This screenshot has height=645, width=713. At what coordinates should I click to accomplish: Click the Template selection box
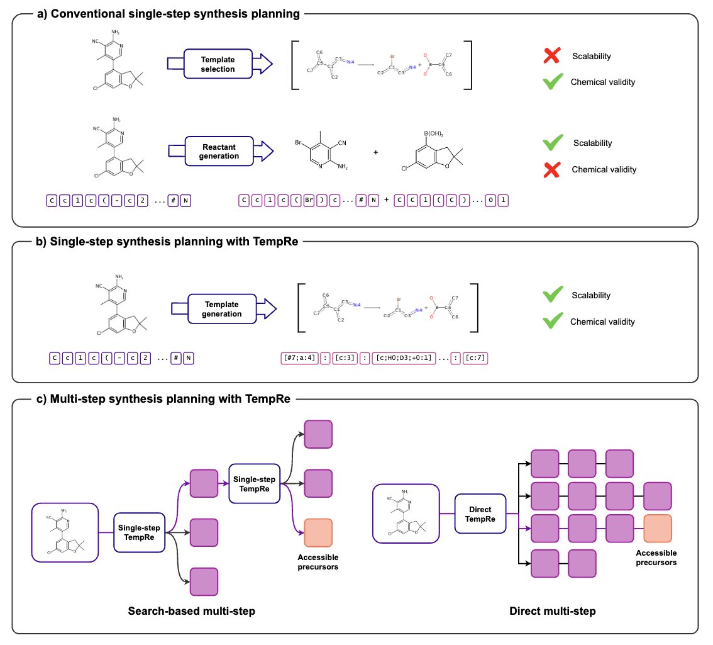[x=218, y=64]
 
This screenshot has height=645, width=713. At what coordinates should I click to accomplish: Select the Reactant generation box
[x=218, y=151]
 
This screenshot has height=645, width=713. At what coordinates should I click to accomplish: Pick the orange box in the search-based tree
[x=318, y=533]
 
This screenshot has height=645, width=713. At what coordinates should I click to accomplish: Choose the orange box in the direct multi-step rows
[x=658, y=528]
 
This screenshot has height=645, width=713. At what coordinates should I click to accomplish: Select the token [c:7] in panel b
[x=475, y=359]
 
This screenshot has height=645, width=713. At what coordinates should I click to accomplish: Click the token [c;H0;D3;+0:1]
[x=401, y=359]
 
